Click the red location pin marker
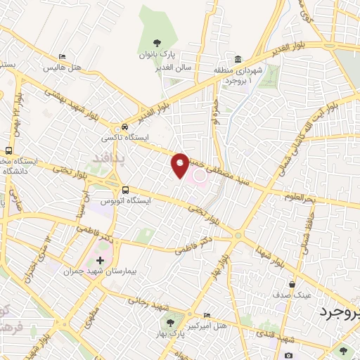[181, 165]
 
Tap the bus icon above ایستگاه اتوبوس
[125, 189]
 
